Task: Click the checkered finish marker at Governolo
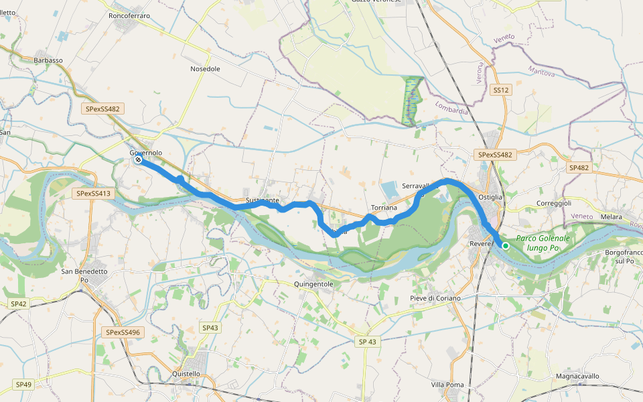[x=137, y=160]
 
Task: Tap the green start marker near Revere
[x=506, y=246]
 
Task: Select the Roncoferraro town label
[x=129, y=15]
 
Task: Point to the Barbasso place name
[x=48, y=60]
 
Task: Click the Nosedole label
[x=205, y=69]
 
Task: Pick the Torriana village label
[x=384, y=208]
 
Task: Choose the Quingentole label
[x=313, y=284]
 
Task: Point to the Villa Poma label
[x=447, y=385]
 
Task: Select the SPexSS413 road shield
[x=93, y=194]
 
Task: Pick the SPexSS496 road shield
[x=124, y=332]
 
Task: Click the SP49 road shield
[x=23, y=385]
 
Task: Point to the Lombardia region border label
[x=451, y=108]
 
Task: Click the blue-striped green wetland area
[x=412, y=100]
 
